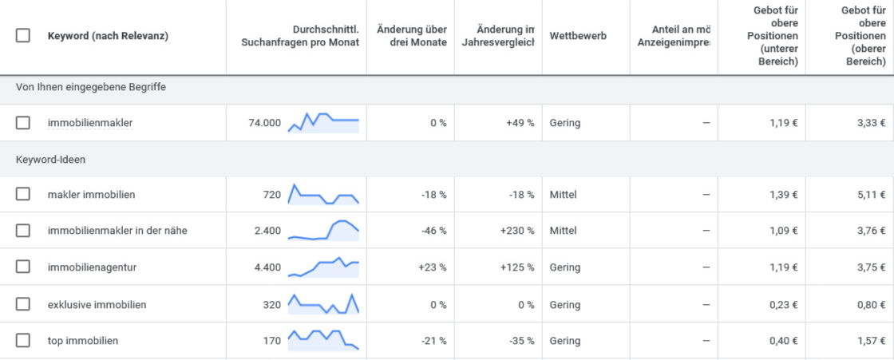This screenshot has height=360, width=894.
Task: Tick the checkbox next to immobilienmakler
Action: point(23,123)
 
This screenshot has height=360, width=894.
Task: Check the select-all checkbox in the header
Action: point(23,36)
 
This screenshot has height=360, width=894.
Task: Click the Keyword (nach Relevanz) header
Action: point(108,36)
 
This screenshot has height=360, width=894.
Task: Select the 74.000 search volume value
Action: point(264,123)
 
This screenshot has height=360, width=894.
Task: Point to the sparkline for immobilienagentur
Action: point(323,267)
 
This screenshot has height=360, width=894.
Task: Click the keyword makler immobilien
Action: point(91,195)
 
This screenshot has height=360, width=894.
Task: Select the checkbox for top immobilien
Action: point(23,341)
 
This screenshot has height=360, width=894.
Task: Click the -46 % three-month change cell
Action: point(433,231)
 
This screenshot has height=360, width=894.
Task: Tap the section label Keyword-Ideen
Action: point(50,160)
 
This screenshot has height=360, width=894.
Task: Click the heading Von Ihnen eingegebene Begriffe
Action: point(90,86)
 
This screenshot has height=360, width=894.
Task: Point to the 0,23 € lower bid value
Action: point(782,305)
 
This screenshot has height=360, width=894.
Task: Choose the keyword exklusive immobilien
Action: point(97,305)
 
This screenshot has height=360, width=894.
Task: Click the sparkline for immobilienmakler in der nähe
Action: point(323,231)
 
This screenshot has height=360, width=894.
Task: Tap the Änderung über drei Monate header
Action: point(412,36)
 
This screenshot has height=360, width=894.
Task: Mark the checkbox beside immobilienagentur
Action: point(23,267)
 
